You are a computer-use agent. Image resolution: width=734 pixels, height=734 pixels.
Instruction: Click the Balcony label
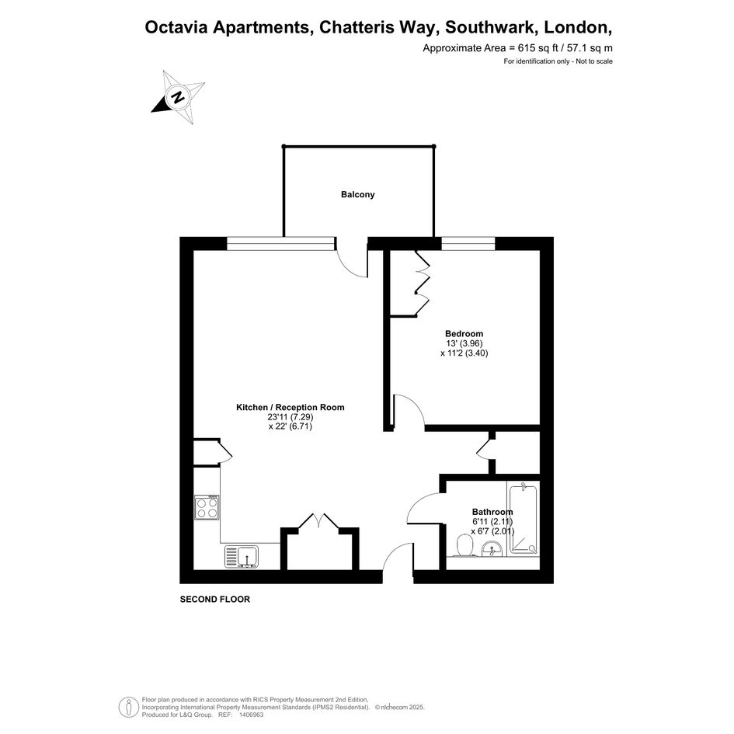point(357,195)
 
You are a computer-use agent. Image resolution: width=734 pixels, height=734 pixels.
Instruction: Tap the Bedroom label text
point(464,334)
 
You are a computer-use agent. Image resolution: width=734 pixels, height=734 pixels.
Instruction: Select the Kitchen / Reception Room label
point(290,407)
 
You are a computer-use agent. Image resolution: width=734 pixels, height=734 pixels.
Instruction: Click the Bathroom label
point(492,512)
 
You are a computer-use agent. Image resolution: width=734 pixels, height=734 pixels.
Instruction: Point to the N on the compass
point(177,97)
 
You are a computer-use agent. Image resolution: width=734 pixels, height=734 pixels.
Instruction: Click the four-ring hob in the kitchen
point(207,507)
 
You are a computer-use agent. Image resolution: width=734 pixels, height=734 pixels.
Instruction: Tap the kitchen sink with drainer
point(242,557)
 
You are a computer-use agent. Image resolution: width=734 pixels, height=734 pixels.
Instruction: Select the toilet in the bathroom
point(464,546)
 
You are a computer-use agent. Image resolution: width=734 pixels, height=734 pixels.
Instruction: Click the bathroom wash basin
point(492,548)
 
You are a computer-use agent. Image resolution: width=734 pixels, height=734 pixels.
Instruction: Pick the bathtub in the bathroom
point(524,520)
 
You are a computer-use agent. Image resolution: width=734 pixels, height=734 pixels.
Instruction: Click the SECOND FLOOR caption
point(215,599)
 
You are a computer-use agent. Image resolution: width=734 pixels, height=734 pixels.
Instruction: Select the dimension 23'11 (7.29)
point(290,416)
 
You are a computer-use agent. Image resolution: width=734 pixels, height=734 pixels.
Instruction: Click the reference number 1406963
point(252,715)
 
